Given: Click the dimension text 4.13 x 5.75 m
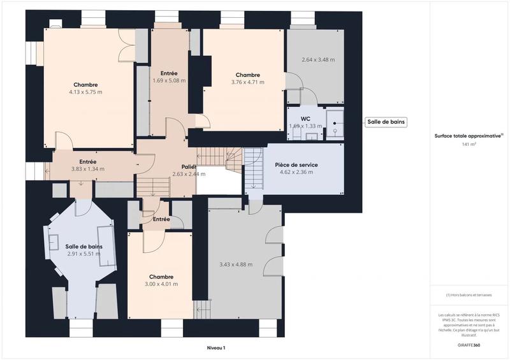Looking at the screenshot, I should [x=85, y=92].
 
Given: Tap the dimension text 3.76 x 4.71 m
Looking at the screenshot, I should [x=247, y=82].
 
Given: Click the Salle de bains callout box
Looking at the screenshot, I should [x=386, y=122].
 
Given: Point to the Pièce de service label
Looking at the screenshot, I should [x=296, y=164].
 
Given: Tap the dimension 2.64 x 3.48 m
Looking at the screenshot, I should [x=317, y=60].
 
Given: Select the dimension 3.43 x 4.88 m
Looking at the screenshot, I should [x=235, y=264].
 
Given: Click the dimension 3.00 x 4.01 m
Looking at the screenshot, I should [x=161, y=284].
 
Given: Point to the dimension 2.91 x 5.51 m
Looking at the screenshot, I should [x=84, y=254].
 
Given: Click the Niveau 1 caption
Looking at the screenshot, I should [x=216, y=348].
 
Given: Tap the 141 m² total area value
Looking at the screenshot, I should [x=469, y=145].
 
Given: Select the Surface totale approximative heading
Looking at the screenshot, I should [x=468, y=136].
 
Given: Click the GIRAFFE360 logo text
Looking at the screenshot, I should [x=469, y=344].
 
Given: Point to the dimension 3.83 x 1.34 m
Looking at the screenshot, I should [x=87, y=169].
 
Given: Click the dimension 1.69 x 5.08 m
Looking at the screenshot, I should [x=169, y=81].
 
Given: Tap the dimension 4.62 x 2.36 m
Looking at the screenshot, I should [x=296, y=172].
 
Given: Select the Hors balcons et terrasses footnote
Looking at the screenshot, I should [x=469, y=295].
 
